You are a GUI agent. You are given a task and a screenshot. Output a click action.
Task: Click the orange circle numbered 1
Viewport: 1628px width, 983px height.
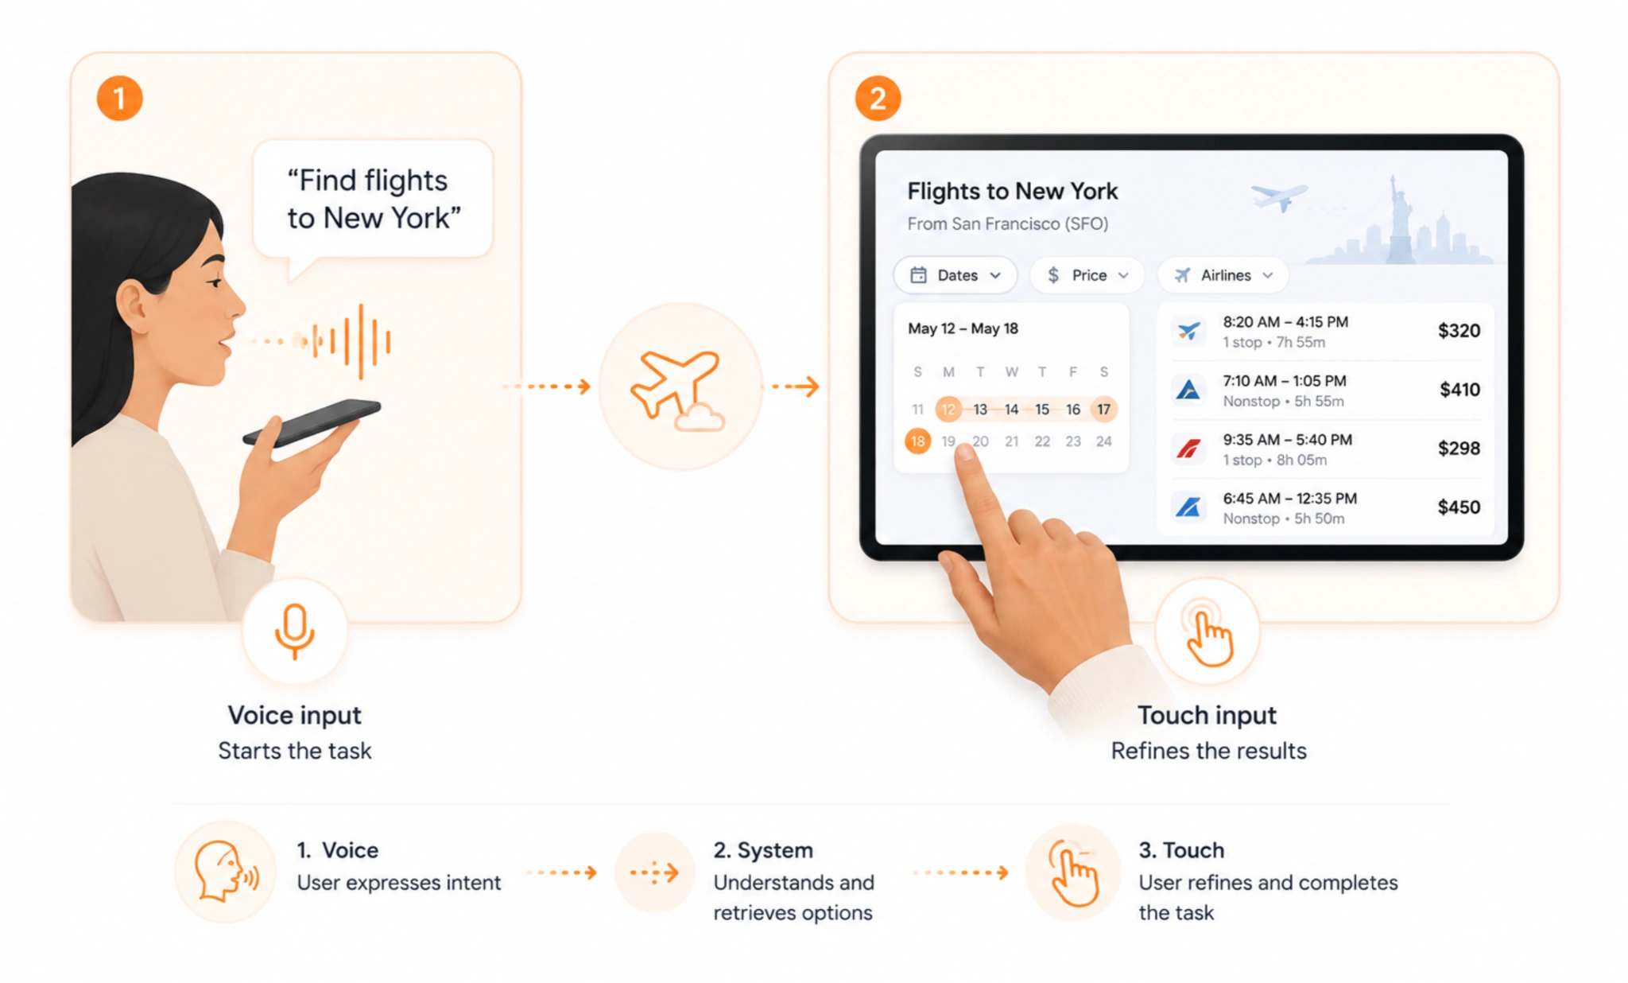click(x=119, y=98)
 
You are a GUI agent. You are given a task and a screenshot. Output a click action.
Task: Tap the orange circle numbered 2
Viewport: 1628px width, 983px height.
click(x=878, y=98)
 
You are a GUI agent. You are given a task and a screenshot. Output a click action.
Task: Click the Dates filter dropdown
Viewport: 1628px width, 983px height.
click(x=955, y=275)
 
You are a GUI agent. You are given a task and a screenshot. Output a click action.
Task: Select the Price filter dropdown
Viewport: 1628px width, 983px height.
click(x=1087, y=275)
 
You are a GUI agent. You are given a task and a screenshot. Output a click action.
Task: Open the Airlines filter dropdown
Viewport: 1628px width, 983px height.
click(x=1223, y=275)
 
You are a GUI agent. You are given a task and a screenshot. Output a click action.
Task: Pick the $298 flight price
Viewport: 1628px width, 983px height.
click(x=1459, y=449)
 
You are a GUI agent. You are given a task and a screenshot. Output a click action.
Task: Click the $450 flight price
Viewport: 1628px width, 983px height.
click(x=1459, y=507)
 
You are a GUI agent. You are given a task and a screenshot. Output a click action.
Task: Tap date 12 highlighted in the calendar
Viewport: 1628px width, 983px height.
click(x=948, y=410)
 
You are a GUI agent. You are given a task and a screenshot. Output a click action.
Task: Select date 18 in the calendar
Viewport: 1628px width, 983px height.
click(x=917, y=441)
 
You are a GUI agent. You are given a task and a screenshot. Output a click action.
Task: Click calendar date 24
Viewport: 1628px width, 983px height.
click(x=1103, y=441)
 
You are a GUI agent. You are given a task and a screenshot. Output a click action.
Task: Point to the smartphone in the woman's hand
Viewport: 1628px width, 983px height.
click(x=312, y=422)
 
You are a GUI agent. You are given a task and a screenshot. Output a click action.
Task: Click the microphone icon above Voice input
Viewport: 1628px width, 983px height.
click(x=295, y=631)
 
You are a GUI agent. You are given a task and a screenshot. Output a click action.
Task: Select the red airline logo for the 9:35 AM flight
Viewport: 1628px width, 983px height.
click(x=1188, y=449)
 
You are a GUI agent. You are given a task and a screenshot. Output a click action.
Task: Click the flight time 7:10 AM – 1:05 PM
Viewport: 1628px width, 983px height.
click(x=1284, y=381)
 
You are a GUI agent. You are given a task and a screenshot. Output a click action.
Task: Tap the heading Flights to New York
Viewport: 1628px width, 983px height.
click(x=1012, y=191)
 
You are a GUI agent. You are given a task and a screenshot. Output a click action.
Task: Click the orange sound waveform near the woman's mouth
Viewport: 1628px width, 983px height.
click(x=350, y=341)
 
